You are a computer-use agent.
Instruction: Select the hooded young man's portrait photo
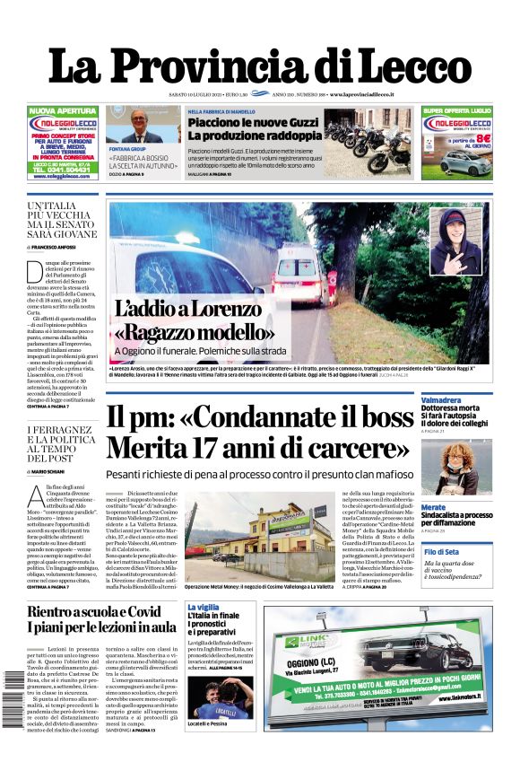coord(454,237)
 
